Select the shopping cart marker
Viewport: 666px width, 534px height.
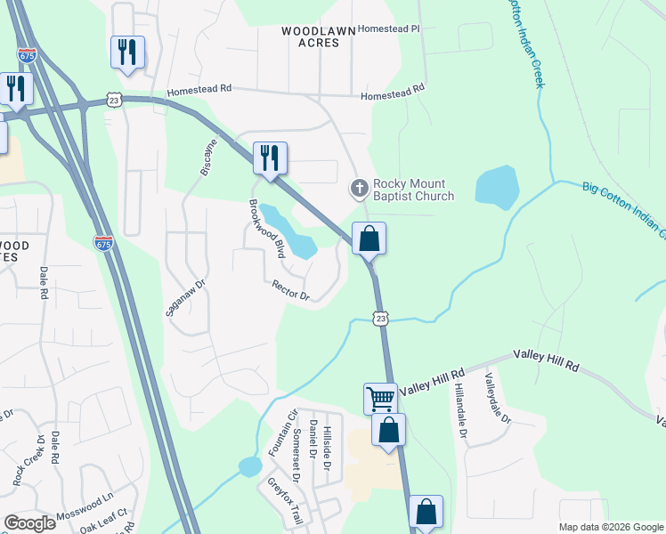pyautogui.click(x=380, y=398)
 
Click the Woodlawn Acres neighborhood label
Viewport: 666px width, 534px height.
pyautogui.click(x=318, y=36)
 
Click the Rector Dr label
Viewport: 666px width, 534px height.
pyautogui.click(x=290, y=290)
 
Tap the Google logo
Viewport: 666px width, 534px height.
pyautogui.click(x=29, y=523)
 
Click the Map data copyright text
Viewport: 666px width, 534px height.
pyautogui.click(x=610, y=527)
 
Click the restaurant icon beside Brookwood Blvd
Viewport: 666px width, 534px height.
pyautogui.click(x=270, y=158)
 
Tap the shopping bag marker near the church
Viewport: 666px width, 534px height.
pyautogui.click(x=369, y=239)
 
